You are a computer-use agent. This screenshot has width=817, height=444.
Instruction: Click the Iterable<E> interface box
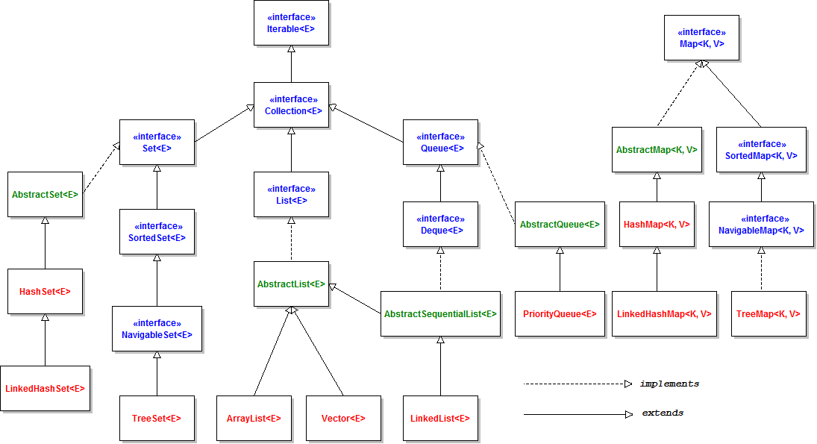pyautogui.click(x=291, y=22)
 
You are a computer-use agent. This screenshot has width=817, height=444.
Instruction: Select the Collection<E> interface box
pyautogui.click(x=291, y=104)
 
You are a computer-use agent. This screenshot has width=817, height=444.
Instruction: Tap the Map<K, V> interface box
pyautogui.click(x=701, y=37)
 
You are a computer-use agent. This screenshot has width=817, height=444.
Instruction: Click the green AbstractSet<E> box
pyautogui.click(x=45, y=194)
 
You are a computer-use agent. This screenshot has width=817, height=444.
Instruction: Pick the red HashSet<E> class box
pyautogui.click(x=45, y=291)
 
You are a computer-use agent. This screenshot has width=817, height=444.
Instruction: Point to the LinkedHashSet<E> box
pyautogui.click(x=45, y=388)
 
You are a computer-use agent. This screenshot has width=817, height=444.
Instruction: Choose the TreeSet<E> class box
pyautogui.click(x=157, y=418)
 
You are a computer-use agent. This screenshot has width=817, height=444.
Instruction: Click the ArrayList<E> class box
pyautogui.click(x=254, y=418)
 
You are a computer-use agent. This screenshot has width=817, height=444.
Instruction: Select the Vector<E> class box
pyautogui.click(x=343, y=418)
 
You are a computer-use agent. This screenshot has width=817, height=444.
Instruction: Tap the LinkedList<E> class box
pyautogui.click(x=440, y=418)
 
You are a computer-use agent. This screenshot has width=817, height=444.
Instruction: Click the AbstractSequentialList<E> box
pyautogui.click(x=440, y=313)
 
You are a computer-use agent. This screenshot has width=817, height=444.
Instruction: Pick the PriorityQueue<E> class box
pyautogui.click(x=560, y=313)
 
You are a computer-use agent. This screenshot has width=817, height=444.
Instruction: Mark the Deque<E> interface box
pyautogui.click(x=440, y=224)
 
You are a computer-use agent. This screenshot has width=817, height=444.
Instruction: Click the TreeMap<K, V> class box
pyautogui.click(x=769, y=313)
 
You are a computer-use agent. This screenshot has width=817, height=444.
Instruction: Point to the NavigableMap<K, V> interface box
pyautogui.click(x=761, y=224)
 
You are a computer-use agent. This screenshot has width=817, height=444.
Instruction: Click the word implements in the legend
pyautogui.click(x=669, y=384)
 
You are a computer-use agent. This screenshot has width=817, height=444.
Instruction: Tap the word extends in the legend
pyautogui.click(x=663, y=413)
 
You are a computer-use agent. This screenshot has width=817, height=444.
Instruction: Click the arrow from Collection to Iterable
pyautogui.click(x=291, y=64)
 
